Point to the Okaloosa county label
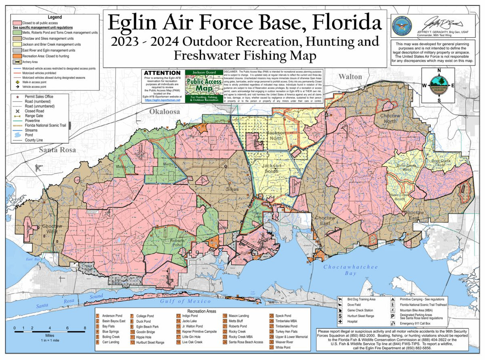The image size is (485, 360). pos(164,112)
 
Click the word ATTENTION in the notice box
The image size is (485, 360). pos(159,73)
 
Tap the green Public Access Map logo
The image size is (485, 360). pos(204,86)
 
